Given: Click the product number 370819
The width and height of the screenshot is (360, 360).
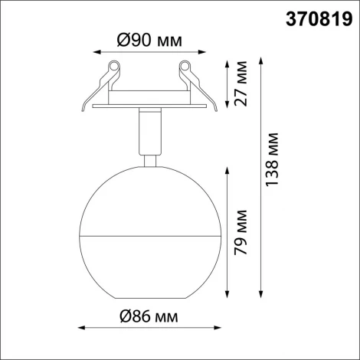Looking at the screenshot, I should (x=314, y=16).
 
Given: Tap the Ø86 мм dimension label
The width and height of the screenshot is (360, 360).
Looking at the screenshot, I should (x=149, y=316).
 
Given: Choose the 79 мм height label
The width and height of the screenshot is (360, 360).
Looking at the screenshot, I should (x=242, y=232).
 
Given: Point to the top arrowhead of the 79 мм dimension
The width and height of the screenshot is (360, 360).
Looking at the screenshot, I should (x=227, y=170).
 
